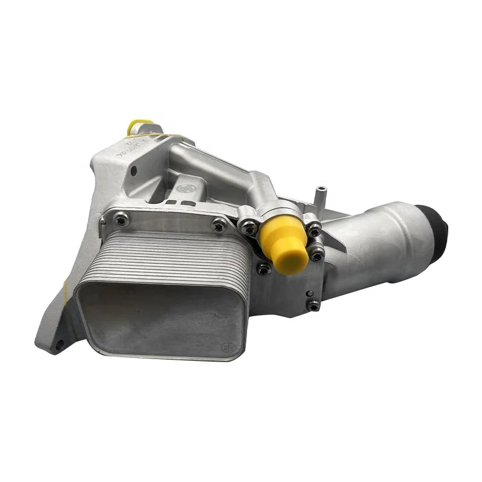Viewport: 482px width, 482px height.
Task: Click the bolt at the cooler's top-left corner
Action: (122, 220)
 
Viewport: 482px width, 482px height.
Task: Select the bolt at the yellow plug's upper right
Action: (313, 230)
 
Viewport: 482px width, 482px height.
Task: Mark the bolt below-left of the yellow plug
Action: (263, 269)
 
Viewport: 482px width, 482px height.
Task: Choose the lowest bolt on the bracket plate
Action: (313, 305)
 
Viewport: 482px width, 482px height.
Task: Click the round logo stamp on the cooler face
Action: (227, 348)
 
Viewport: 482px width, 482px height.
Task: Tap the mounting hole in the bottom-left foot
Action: (59, 345)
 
